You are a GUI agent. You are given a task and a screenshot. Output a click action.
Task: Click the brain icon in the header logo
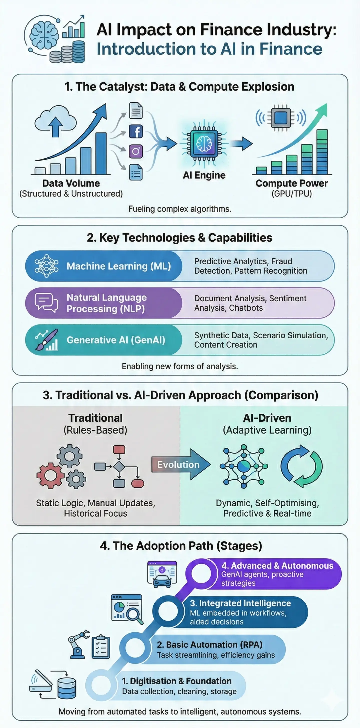coord(43,35)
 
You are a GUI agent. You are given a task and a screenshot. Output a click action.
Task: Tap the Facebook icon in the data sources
coord(136,132)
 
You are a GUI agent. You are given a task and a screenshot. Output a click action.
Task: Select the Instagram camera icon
coord(136,151)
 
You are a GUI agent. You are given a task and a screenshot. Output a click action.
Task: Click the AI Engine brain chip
coord(204,143)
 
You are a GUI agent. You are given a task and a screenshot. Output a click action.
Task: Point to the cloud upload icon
coord(56,121)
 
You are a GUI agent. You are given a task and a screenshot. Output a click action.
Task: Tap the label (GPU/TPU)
coord(291,194)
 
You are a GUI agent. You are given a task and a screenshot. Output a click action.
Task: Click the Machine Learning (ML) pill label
coord(119,266)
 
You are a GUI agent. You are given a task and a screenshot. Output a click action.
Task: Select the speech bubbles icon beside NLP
coord(46,303)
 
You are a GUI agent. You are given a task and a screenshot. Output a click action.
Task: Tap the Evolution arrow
coord(181,464)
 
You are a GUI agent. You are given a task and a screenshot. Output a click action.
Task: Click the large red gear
coord(50,476)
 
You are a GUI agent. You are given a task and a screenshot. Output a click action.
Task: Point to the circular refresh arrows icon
coord(301,466)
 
